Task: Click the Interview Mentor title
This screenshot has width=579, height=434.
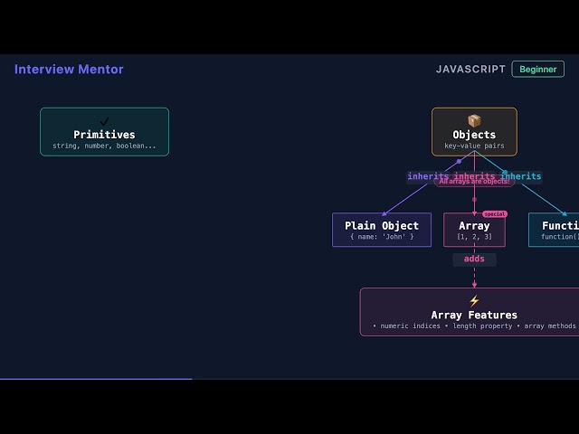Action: click(x=69, y=70)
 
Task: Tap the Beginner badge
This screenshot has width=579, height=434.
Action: click(x=537, y=70)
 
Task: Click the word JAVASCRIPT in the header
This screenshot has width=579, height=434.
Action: click(x=470, y=70)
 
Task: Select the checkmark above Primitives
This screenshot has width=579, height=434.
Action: click(x=104, y=121)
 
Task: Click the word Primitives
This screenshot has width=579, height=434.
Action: click(x=104, y=135)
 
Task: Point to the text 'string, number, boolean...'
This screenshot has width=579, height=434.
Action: click(x=104, y=146)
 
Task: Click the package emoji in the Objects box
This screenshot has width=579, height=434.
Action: click(x=474, y=120)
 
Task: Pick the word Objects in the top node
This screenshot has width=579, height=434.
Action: click(x=474, y=135)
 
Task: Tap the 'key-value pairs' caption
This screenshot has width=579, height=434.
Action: click(x=474, y=146)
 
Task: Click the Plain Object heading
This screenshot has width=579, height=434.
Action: click(x=382, y=225)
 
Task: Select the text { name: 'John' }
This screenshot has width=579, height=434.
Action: click(x=382, y=237)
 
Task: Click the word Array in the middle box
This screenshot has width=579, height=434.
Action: click(x=474, y=225)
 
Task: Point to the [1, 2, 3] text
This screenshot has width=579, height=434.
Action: click(x=474, y=237)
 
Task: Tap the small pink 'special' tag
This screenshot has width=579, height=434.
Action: click(x=495, y=214)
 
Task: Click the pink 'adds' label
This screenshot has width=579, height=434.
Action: click(x=474, y=259)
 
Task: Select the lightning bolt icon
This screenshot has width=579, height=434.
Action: click(x=474, y=301)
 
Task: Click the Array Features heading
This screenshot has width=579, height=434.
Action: click(x=474, y=315)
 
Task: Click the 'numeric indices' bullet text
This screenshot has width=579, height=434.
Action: click(x=407, y=325)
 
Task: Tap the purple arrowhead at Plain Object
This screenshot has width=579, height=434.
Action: click(x=384, y=213)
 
